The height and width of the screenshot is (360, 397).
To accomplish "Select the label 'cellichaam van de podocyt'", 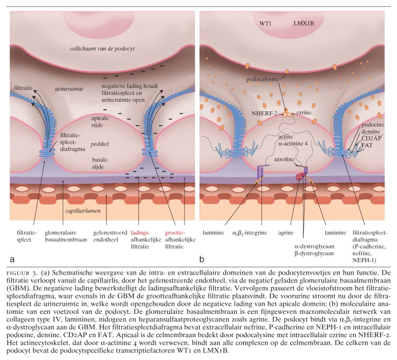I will pyautogui.click(x=102, y=48).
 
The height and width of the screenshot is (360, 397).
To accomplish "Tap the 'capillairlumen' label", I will pyautogui.click(x=87, y=210).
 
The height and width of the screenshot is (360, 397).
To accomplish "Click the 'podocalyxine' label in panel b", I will pyautogui.click(x=265, y=79).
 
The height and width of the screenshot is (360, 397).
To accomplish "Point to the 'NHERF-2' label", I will pyautogui.click(x=266, y=113).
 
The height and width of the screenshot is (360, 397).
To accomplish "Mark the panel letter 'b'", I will pyautogui.click(x=203, y=259).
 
